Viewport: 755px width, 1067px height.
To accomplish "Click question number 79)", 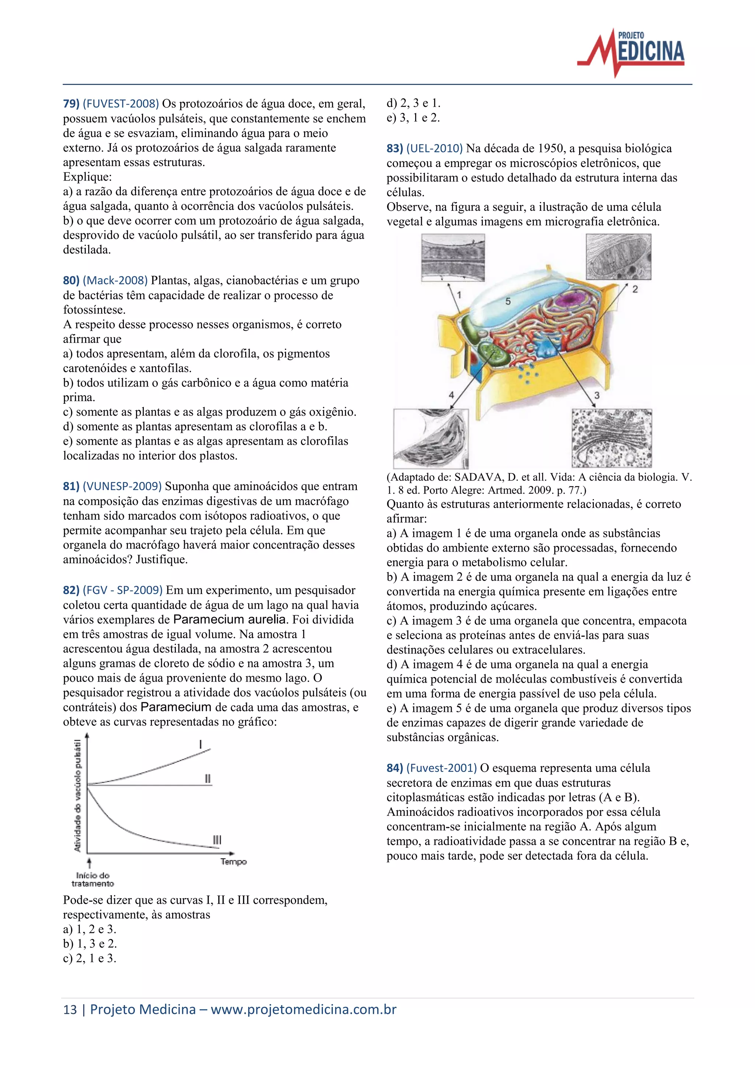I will (71, 104).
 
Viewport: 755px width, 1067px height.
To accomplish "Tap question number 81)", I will (71, 487).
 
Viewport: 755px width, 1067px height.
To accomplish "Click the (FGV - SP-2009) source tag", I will (123, 590).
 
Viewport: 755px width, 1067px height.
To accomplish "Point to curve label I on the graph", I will (201, 745).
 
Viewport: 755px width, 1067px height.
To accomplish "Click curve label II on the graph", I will (208, 779).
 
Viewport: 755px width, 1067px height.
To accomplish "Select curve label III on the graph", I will (217, 840).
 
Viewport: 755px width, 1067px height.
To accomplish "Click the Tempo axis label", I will (233, 861).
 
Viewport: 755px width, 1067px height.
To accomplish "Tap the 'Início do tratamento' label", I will (93, 879).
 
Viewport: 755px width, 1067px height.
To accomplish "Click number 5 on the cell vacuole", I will (508, 301).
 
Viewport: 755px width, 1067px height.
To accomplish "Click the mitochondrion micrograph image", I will (618, 256).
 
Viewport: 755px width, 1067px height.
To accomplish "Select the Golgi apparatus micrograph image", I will (611, 438).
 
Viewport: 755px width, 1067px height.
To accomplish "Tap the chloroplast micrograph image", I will (431, 438).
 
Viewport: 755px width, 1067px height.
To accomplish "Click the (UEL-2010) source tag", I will (434, 149).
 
